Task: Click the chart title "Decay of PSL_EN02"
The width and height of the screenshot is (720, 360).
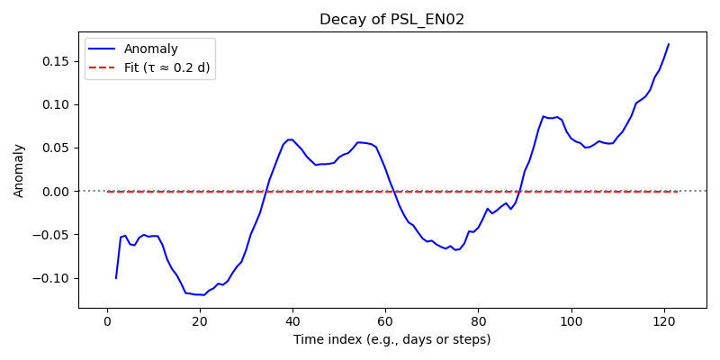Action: tap(391, 20)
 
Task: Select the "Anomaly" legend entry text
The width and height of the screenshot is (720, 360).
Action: tap(150, 49)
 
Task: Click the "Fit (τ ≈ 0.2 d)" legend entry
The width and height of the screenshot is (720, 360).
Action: tap(166, 68)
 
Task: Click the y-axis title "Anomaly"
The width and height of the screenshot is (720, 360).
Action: tap(18, 172)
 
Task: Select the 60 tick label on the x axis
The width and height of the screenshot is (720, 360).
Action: tap(385, 322)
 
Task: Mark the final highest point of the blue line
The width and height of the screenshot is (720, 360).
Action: tap(669, 44)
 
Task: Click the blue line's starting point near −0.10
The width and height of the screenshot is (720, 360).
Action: tap(116, 278)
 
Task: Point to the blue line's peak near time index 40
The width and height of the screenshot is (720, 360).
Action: tap(290, 139)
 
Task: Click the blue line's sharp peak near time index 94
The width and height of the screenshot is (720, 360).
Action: tap(544, 116)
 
